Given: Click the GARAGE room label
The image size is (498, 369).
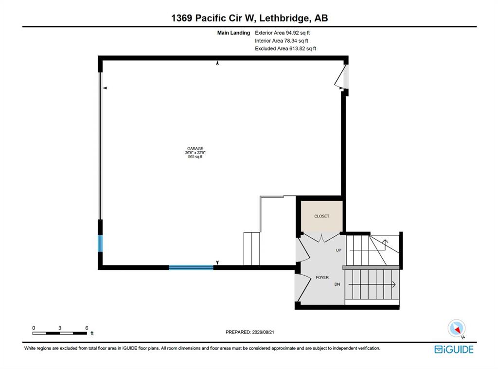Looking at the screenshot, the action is click(195, 149).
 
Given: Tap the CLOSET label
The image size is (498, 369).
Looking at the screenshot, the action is click(322, 216).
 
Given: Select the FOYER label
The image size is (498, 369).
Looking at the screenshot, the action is click(322, 278).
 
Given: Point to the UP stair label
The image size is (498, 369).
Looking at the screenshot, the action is click(338, 250).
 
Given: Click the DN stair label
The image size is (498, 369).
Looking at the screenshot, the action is click(338, 284).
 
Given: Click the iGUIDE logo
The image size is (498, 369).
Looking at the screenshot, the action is click(454, 350).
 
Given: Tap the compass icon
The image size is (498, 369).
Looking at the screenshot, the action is click(457, 329).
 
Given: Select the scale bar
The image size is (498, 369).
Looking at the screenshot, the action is click(60, 333).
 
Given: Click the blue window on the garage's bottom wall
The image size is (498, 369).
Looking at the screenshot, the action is click(191, 268).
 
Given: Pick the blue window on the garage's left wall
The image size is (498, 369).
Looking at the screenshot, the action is click(100, 243).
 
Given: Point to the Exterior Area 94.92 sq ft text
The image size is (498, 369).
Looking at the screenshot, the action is click(283, 33).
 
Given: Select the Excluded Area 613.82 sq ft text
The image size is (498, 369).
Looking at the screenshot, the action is click(285, 49).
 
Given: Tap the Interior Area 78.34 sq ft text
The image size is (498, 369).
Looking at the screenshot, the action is click(282, 41).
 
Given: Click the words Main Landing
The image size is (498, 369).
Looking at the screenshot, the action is click(233, 33).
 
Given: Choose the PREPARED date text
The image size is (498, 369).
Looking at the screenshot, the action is click(250, 332).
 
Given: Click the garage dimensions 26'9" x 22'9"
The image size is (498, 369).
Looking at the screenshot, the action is click(195, 153).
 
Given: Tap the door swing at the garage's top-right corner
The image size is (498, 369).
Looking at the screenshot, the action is click(339, 77).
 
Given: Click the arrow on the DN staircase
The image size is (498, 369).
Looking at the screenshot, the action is click(372, 284).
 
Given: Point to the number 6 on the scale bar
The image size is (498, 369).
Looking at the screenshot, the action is click(87, 328).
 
